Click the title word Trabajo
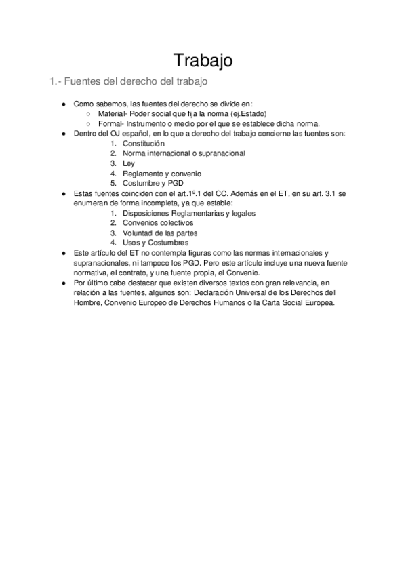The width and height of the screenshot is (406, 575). [203, 60]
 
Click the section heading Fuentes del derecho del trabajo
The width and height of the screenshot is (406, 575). [128, 83]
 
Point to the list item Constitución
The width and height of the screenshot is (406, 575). [144, 144]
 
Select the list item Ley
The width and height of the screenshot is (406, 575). [129, 163]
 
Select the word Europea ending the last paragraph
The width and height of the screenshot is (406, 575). [319, 302]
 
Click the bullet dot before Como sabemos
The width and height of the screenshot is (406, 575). [63, 104]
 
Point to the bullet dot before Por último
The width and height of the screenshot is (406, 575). [63, 282]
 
